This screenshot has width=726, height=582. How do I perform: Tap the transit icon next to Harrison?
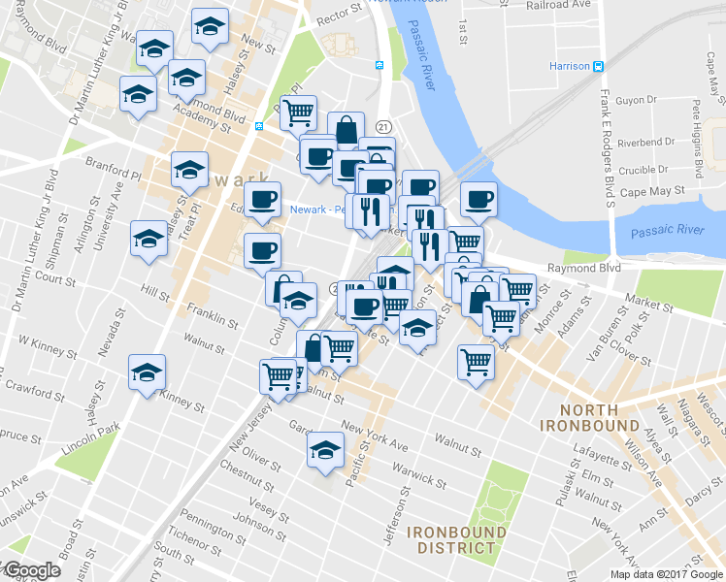point(599,66)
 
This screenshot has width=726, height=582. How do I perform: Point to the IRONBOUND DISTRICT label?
point(456,540)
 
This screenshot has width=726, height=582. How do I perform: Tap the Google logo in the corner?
point(31,570)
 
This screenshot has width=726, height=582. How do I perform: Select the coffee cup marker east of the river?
point(478,200)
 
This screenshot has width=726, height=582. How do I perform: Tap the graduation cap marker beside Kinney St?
point(147,372)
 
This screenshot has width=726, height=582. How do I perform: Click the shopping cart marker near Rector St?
point(298,112)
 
